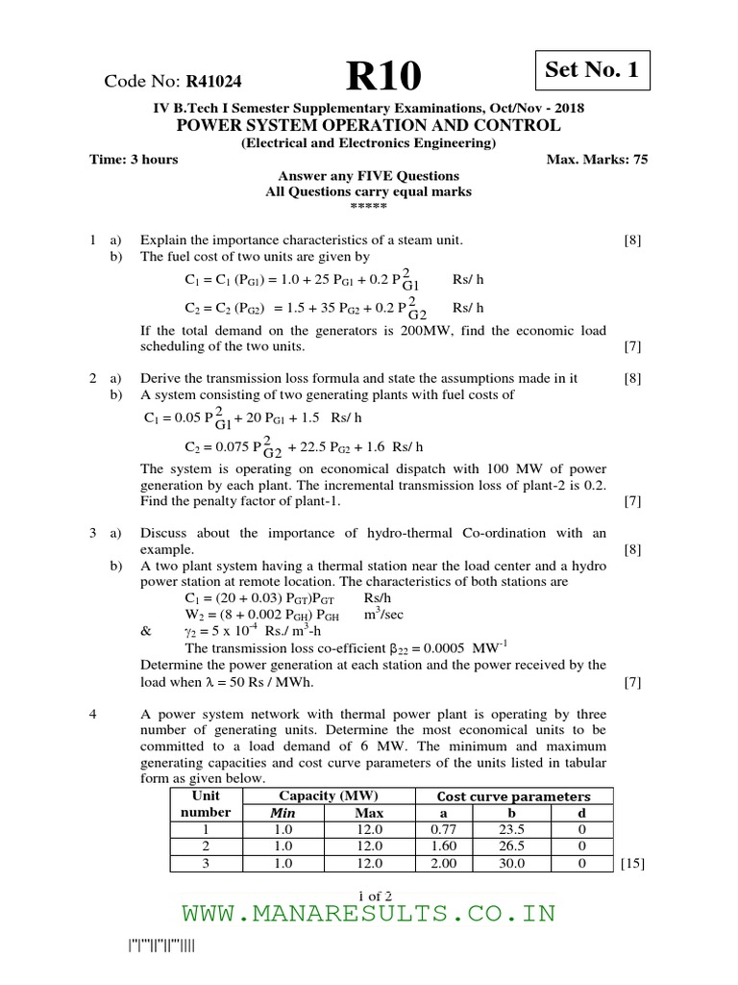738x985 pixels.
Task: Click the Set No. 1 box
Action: pos(591,70)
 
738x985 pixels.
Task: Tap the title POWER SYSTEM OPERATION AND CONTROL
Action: pos(368,126)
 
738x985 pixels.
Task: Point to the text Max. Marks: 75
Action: pos(597,159)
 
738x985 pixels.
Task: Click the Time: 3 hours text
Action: pos(134,159)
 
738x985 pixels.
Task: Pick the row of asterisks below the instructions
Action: pos(368,207)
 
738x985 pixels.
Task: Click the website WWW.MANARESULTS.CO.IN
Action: pos(368,913)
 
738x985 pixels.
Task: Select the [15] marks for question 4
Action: pos(631,864)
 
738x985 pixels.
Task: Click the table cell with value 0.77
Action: pos(443,828)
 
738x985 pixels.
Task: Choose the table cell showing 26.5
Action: pos(512,846)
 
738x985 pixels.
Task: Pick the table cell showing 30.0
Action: pos(512,864)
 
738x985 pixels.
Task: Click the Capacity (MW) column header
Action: pos(328,796)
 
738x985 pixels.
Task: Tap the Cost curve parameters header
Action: pos(513,796)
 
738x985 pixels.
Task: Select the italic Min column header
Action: pos(282,812)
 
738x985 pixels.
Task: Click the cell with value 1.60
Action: pos(443,846)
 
